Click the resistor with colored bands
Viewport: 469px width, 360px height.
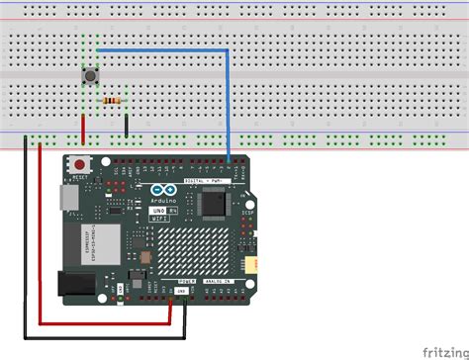tap(111, 100)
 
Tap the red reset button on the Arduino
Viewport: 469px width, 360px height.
tap(79, 164)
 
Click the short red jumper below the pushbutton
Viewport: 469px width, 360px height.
tap(83, 127)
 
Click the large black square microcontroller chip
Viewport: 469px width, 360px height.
tap(215, 204)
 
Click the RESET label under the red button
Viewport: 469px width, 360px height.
tap(80, 177)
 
